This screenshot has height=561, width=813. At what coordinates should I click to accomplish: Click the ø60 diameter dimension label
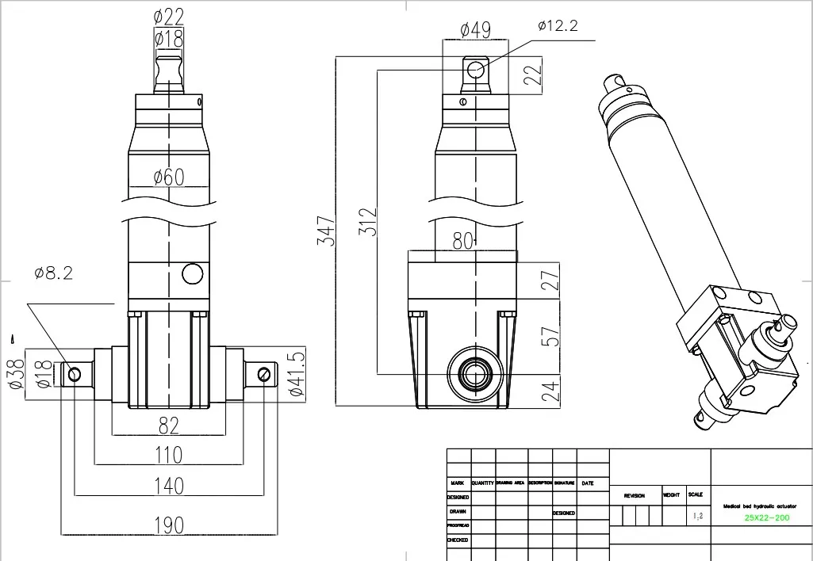168,177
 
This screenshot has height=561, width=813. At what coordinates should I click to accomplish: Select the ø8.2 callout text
54,273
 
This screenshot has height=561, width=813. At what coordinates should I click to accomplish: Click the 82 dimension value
168,426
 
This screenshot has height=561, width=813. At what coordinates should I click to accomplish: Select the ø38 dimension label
15,372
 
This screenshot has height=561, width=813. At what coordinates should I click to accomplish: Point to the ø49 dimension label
475,30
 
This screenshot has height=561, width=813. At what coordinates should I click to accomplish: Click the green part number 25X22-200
767,518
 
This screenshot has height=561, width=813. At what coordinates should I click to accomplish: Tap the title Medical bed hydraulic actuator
759,506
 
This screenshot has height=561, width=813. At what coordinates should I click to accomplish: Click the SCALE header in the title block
696,494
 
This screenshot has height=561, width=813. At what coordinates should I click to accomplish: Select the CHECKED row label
458,540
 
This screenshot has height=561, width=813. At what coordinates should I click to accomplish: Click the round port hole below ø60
193,274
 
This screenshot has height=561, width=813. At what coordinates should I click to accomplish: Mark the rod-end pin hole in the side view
476,70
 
